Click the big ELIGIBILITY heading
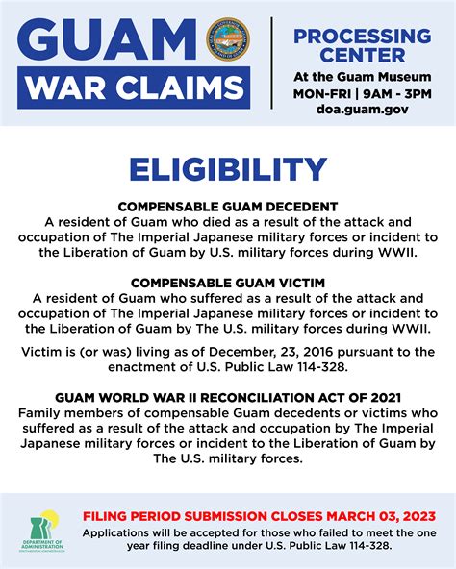pos(228,171)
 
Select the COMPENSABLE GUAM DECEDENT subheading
pos(227,206)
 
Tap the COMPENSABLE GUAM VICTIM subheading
pos(227,283)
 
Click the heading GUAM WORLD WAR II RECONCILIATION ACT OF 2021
pos(227,397)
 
